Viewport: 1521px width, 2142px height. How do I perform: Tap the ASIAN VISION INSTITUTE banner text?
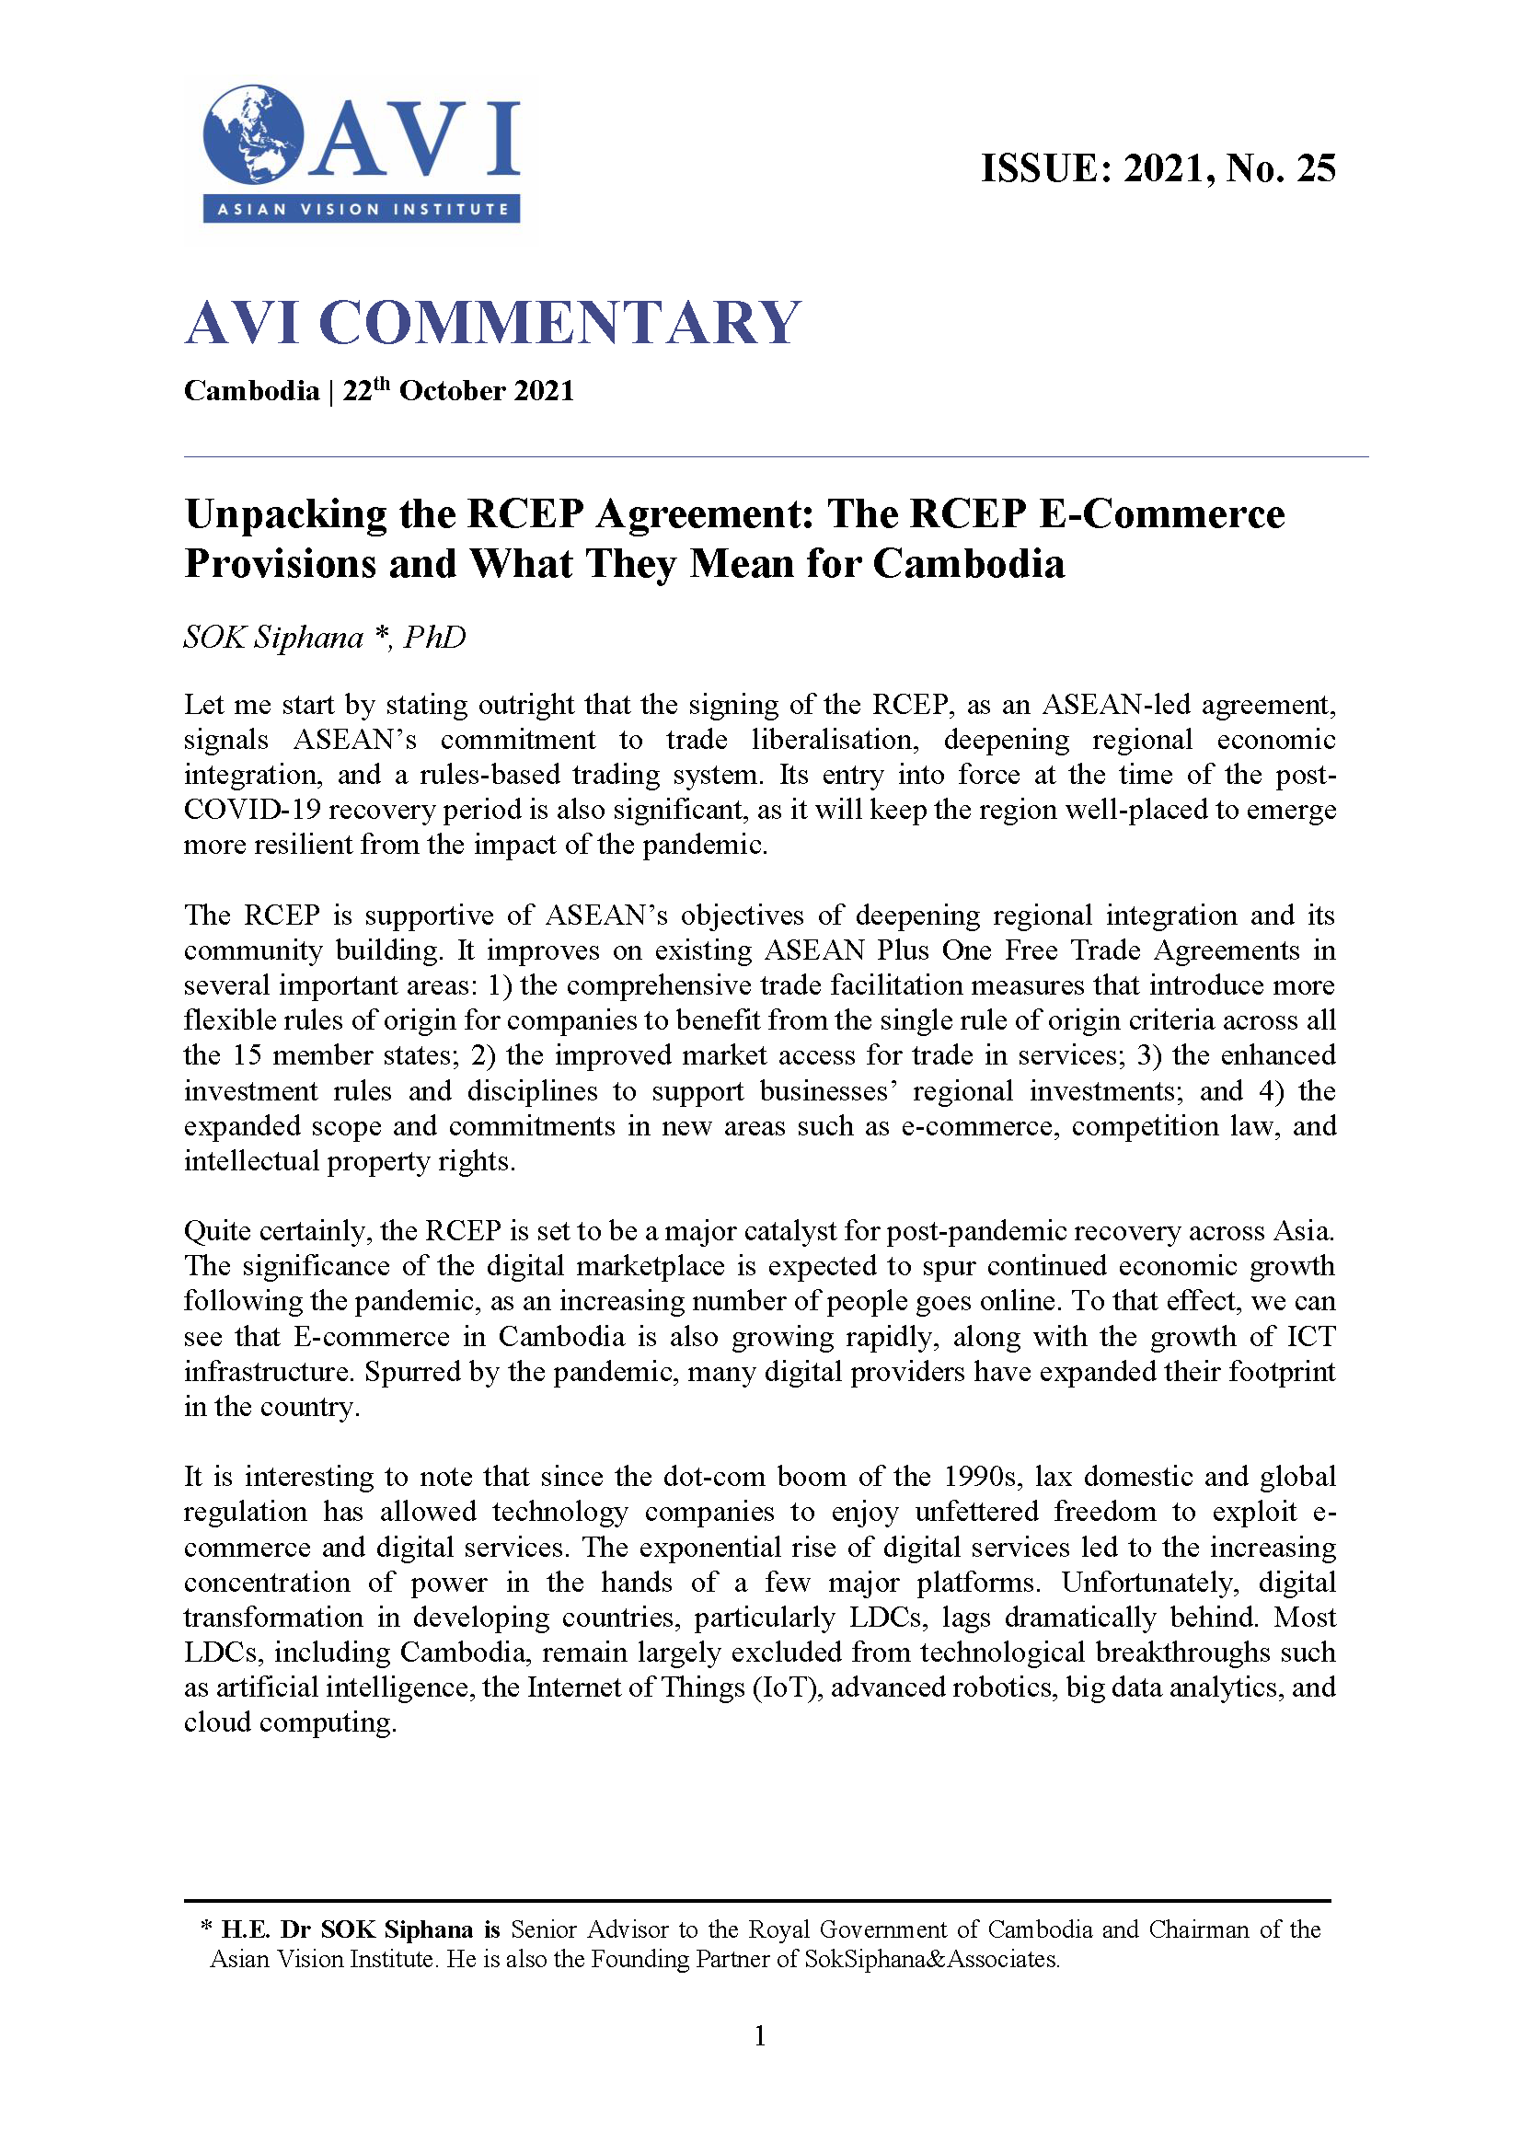[x=362, y=209]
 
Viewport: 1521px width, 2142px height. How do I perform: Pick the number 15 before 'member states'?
[x=247, y=1055]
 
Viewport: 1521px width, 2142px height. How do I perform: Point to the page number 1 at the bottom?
[x=759, y=2036]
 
